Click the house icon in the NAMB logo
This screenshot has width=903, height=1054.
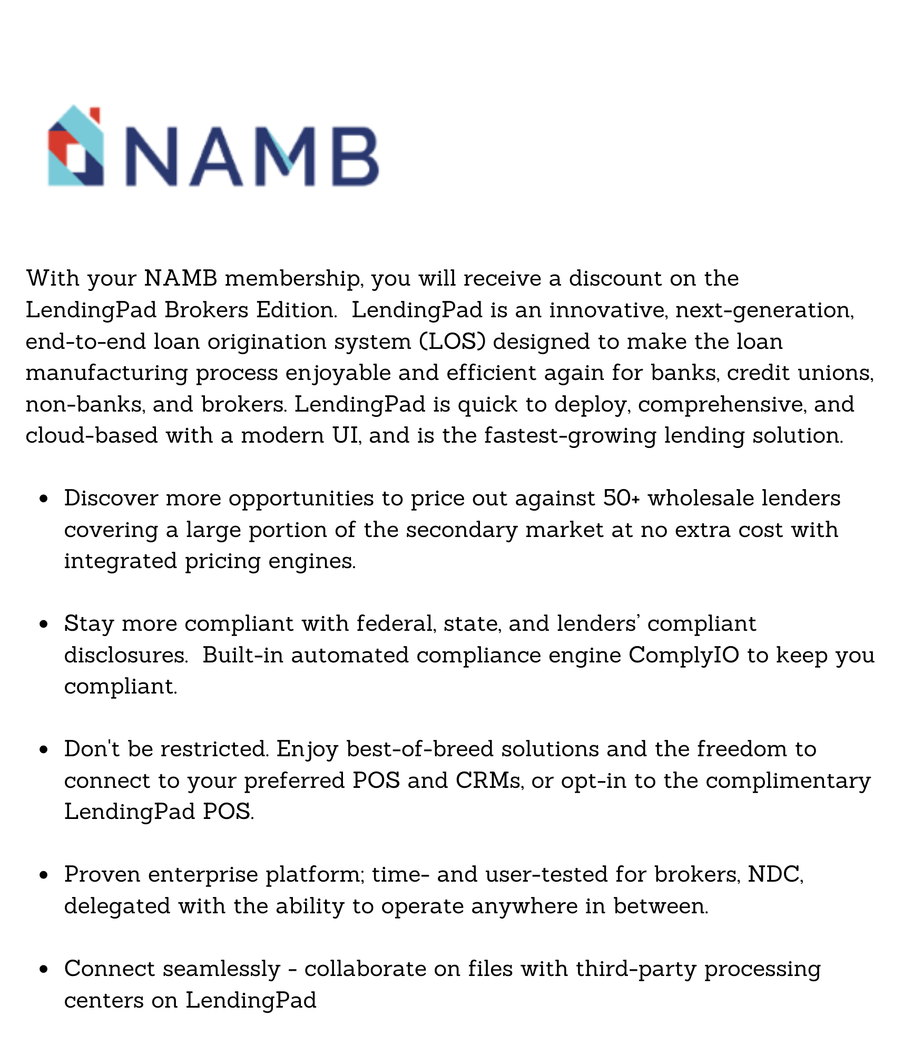click(75, 146)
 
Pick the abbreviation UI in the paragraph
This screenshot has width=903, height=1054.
click(347, 436)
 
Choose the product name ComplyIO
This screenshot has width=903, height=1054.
click(683, 656)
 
